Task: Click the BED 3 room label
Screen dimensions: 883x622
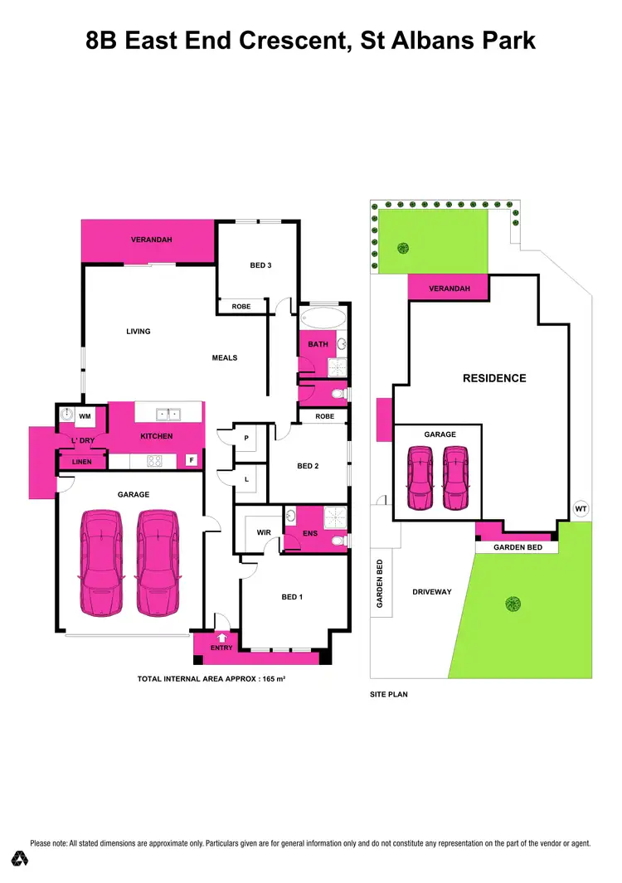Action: tap(260, 265)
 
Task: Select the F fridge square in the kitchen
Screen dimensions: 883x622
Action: tap(192, 459)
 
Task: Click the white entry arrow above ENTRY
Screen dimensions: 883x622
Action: tap(221, 638)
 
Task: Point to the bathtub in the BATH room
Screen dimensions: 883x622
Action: tap(323, 318)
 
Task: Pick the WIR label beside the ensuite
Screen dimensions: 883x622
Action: tap(265, 531)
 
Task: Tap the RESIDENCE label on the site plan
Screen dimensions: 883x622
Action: tap(494, 378)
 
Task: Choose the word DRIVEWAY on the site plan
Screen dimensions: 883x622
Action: tap(431, 592)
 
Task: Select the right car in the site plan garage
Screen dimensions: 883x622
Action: tap(454, 478)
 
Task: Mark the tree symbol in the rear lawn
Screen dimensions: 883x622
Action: tap(403, 247)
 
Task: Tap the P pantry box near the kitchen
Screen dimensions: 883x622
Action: tap(246, 439)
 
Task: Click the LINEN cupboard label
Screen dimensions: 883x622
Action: tap(82, 462)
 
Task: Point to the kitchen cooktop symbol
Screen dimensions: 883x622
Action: tap(155, 461)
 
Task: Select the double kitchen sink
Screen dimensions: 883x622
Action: tap(170, 413)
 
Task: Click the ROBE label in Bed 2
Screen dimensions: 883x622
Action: tap(324, 416)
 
